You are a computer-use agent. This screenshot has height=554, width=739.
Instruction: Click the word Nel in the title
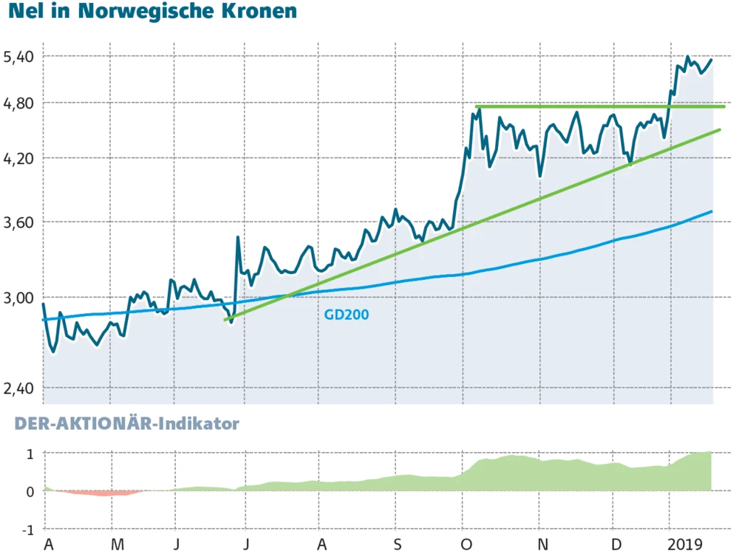click(24, 12)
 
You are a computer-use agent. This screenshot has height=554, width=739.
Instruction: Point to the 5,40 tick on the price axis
click(18, 57)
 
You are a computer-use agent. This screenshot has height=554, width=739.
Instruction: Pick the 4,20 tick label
click(18, 158)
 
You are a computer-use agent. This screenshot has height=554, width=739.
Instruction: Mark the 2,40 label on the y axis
click(18, 388)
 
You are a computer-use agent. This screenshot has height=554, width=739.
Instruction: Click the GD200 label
click(347, 315)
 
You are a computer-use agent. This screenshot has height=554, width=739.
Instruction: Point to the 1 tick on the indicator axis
click(30, 454)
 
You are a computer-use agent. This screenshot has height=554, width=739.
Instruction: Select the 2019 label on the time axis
click(685, 544)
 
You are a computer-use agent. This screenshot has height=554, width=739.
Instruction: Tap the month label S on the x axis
click(397, 544)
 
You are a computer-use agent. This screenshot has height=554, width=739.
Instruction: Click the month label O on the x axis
click(468, 544)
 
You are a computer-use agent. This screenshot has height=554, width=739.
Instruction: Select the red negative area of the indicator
click(96, 493)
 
